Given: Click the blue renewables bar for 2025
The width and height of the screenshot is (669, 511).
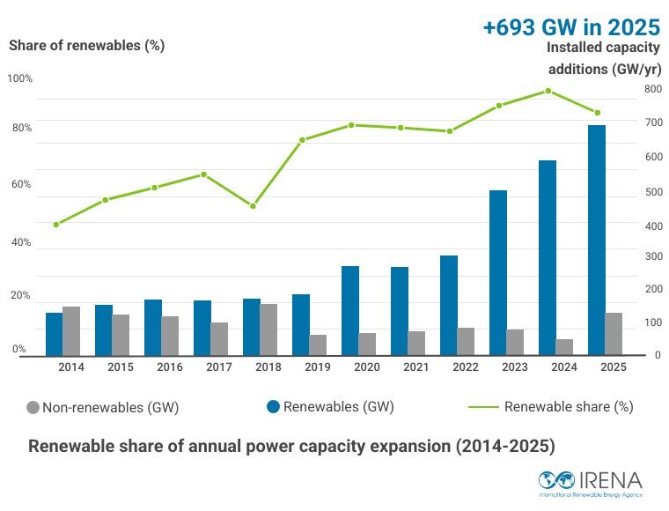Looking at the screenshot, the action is click(597, 240).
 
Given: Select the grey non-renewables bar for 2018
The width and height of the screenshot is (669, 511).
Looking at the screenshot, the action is click(268, 330).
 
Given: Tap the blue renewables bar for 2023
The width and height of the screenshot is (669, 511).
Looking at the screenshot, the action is click(498, 273).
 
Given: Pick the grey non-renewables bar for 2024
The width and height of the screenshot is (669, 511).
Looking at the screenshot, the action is click(564, 347).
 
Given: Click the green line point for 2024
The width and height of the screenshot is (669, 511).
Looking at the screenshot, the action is click(548, 91).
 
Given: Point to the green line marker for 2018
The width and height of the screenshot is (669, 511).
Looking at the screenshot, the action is click(253, 206).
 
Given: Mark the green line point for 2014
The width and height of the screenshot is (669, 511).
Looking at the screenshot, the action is click(55, 225).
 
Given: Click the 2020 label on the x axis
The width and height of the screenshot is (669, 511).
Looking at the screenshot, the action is click(367, 367).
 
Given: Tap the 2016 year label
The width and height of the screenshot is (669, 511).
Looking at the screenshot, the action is click(170, 367).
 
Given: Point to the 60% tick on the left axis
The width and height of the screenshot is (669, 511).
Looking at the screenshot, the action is click(21, 184).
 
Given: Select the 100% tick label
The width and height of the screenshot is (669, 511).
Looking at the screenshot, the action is click(19, 78).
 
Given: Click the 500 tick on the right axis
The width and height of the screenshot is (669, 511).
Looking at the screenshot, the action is click(654, 192).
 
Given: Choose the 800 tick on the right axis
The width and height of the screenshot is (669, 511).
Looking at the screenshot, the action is click(653, 89).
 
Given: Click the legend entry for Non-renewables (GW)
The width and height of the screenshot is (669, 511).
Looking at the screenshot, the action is click(102, 408).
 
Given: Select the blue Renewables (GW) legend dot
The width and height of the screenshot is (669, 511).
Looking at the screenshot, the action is click(273, 407).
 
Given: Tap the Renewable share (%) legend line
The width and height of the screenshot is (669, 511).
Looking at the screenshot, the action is click(483, 407).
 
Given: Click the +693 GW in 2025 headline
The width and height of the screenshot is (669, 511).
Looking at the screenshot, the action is click(571, 27).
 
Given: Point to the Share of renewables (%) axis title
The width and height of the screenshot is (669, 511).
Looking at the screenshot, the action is click(86, 46).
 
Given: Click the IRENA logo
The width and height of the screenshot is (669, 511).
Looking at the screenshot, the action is click(591, 484).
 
